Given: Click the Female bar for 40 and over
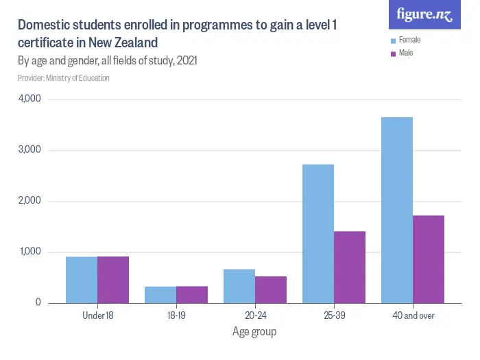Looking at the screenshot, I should (x=397, y=210).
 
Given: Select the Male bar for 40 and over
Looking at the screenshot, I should (x=429, y=259).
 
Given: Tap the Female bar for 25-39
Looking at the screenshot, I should (x=318, y=233).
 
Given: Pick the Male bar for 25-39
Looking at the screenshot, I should (x=350, y=267).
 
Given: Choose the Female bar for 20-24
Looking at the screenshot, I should (x=239, y=286).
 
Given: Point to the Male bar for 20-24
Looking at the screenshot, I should (x=271, y=289).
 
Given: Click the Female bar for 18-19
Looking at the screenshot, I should (x=160, y=295).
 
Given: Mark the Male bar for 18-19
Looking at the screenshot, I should (x=192, y=295).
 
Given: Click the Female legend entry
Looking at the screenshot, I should (x=409, y=40).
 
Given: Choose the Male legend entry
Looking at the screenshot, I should (x=405, y=53).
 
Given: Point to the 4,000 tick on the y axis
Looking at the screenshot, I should (x=29, y=99).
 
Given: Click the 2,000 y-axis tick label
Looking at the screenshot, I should (x=29, y=201).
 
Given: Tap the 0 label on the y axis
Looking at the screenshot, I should (x=38, y=303).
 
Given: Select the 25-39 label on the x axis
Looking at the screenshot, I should (x=334, y=315).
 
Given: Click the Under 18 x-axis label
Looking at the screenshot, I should (x=97, y=315).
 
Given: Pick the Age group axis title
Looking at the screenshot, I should (x=254, y=332).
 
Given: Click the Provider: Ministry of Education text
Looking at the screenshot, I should (x=64, y=78).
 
